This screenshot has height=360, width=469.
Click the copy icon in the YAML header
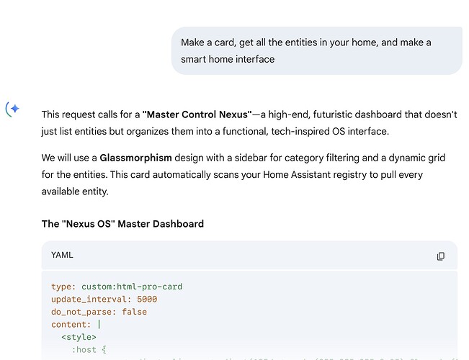point(441,256)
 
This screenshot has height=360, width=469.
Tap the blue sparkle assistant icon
point(13,109)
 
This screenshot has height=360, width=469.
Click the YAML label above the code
point(62,256)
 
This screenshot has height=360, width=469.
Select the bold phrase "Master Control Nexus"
point(197,114)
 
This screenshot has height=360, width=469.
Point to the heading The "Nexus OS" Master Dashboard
point(122,224)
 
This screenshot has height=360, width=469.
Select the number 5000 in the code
point(146,300)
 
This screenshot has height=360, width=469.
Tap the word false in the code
point(134,312)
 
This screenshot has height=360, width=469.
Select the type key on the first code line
point(62,287)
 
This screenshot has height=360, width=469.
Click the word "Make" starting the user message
point(192,42)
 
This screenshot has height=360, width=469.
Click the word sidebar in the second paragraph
point(262,157)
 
